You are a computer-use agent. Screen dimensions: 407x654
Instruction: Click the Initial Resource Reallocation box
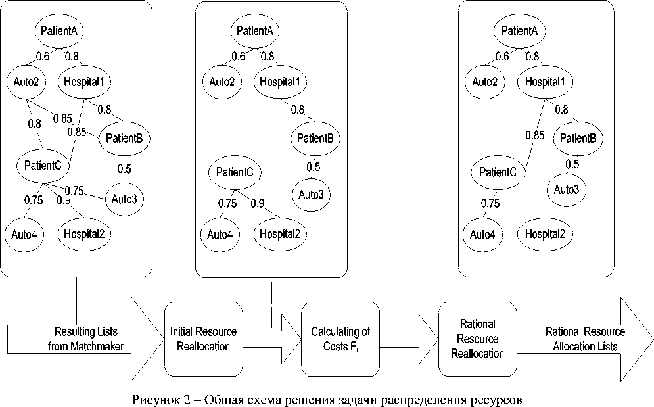[202, 339]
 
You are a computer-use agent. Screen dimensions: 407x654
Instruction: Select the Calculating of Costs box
[340, 339]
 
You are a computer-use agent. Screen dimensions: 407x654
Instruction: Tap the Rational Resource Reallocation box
[478, 339]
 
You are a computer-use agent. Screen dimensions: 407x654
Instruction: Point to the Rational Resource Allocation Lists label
[585, 339]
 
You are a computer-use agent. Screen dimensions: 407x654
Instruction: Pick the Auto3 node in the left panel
[125, 198]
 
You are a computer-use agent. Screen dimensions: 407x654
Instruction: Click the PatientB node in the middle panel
[315, 138]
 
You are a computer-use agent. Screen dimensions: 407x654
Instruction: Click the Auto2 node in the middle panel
[222, 82]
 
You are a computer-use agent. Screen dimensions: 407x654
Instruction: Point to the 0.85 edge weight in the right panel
[535, 136]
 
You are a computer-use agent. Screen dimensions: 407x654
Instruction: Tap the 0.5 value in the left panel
[124, 169]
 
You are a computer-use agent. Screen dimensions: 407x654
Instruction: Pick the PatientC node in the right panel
[498, 172]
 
